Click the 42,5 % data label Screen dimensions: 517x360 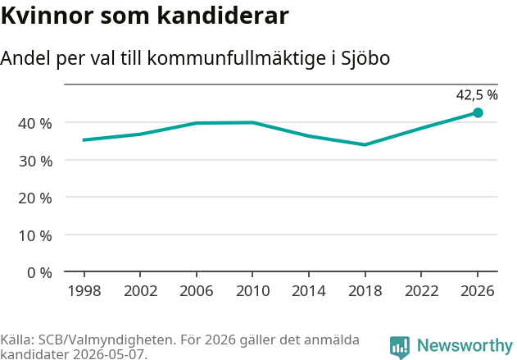tap(477, 95)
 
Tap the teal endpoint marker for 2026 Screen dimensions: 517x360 tap(478, 113)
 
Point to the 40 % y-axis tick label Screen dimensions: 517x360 tap(35, 124)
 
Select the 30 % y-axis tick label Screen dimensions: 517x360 tap(35, 162)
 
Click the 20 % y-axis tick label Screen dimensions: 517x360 tap(35, 198)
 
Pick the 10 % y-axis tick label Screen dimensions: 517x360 tap(35, 236)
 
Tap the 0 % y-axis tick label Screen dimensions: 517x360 tap(39, 273)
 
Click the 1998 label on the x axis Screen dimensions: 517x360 tap(84, 291)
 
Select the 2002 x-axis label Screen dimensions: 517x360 tap(140, 291)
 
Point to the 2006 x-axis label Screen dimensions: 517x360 tap(197, 291)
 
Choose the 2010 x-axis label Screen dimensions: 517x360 tap(253, 291)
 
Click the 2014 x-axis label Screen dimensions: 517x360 tap(309, 291)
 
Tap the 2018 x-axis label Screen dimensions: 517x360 tap(365, 291)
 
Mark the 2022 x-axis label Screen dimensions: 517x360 tap(421, 291)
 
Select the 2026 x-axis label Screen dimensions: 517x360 tap(478, 291)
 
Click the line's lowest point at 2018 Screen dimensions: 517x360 tap(365, 144)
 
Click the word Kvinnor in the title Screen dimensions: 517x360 tap(48, 16)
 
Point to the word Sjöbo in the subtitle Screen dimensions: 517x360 tap(365, 58)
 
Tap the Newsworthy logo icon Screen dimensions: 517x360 tap(400, 347)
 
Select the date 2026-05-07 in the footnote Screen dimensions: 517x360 tap(110, 354)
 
